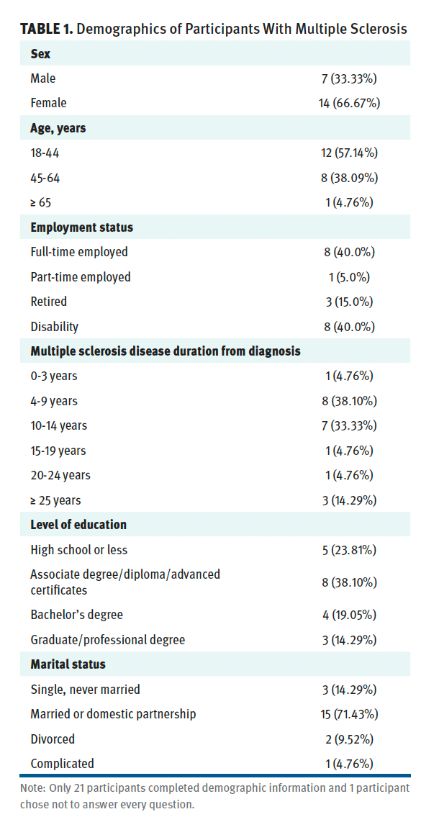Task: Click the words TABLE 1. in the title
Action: (x=46, y=30)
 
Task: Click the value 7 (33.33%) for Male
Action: (x=350, y=78)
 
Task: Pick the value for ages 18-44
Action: (x=349, y=153)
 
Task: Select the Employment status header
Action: (x=82, y=227)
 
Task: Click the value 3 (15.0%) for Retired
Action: (x=350, y=302)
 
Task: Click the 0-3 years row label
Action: (x=54, y=376)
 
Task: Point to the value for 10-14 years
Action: (x=350, y=425)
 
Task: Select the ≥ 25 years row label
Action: (x=56, y=500)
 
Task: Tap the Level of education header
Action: (x=78, y=525)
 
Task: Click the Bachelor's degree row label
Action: (x=76, y=615)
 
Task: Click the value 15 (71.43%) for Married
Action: (x=350, y=714)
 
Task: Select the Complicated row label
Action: (x=63, y=764)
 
